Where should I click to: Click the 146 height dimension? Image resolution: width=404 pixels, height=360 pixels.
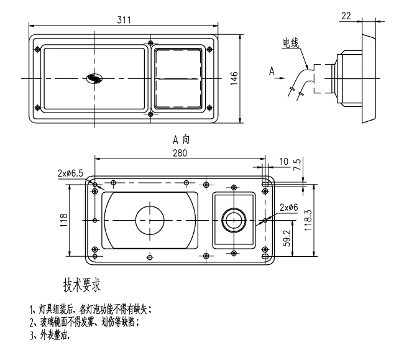coord(234,79)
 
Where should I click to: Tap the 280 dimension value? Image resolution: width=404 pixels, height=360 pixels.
coord(181,153)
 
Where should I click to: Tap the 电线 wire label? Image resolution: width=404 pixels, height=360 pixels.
coord(291,43)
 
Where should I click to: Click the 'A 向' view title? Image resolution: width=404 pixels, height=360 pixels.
coord(181,141)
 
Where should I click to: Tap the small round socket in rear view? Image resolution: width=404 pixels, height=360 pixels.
coord(234,219)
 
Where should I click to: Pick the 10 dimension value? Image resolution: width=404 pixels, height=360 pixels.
coord(283,162)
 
